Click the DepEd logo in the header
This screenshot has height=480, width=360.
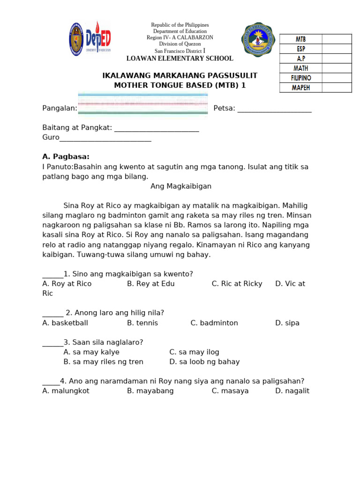(98, 38)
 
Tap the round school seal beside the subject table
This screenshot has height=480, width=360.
(258, 39)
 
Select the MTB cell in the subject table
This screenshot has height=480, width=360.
(300, 39)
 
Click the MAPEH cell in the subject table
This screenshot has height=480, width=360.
(300, 88)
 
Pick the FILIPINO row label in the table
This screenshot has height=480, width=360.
(300, 78)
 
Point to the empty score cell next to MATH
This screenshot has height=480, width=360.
(336, 68)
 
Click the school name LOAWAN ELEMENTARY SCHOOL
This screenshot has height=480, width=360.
(180, 59)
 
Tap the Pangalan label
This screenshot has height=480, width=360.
(60, 108)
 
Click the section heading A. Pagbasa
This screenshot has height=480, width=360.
(66, 157)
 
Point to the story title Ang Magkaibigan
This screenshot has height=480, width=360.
(181, 186)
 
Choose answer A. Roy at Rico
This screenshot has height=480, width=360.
(67, 284)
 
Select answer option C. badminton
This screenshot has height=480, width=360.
(214, 323)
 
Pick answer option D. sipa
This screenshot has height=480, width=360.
(287, 323)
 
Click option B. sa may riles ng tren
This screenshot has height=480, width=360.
(103, 362)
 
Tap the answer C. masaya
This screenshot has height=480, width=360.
(230, 391)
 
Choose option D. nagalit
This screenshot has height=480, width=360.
(292, 391)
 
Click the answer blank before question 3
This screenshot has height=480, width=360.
(52, 343)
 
